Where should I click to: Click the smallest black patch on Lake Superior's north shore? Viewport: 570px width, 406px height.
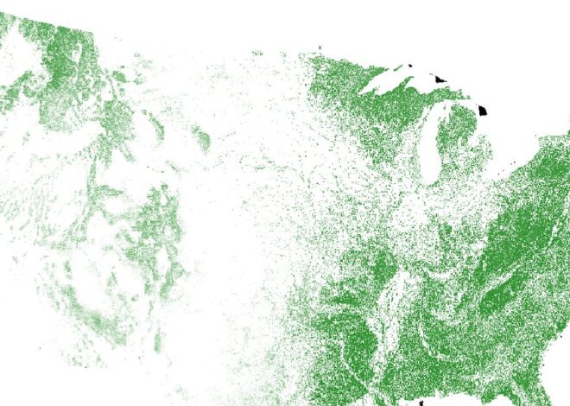[411, 67]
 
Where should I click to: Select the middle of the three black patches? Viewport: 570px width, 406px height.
[441, 79]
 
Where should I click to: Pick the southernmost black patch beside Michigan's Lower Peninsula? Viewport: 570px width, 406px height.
[484, 111]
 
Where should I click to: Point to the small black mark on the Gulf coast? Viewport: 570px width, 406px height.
[421, 403]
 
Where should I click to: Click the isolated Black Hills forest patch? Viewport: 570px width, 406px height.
[200, 136]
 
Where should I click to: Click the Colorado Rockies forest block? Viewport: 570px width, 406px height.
[155, 225]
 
